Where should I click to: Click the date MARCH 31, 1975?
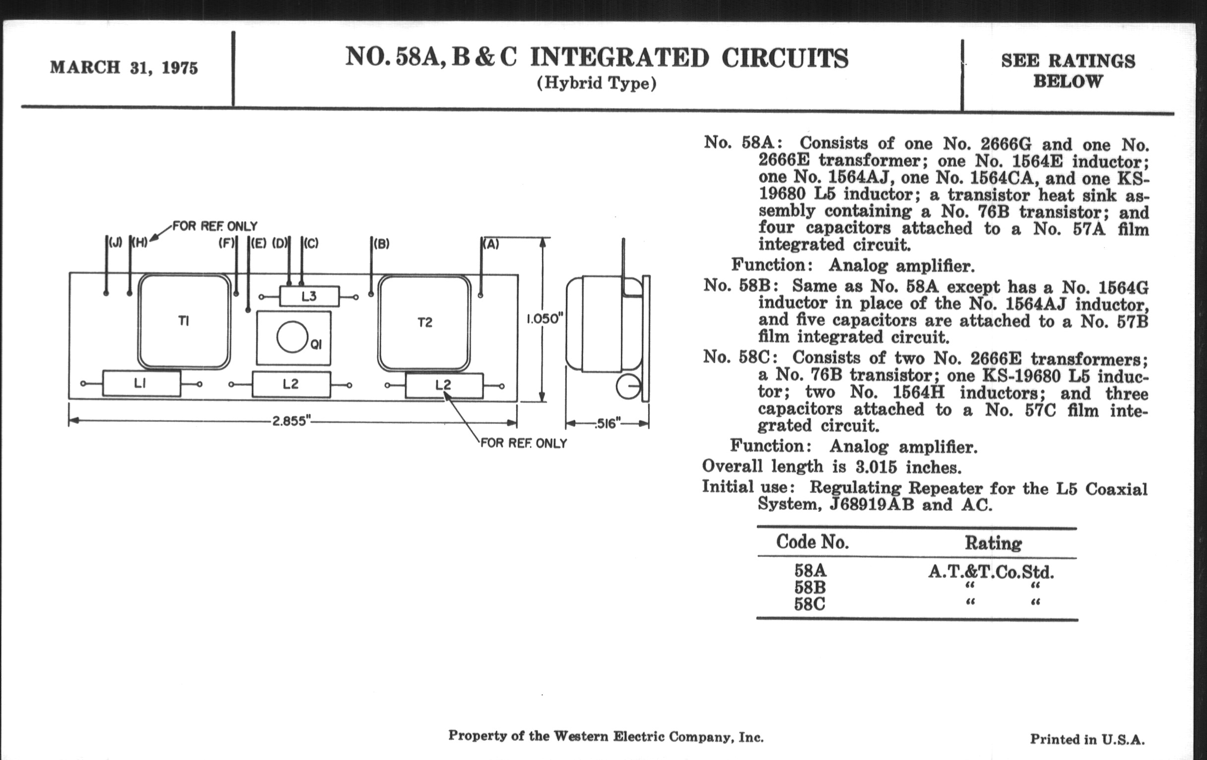click(x=124, y=68)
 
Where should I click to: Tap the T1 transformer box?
click(x=184, y=321)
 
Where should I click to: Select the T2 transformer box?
click(x=424, y=322)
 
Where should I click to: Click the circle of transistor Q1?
click(x=292, y=337)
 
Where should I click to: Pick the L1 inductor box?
click(x=141, y=384)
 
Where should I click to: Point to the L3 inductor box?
click(x=309, y=297)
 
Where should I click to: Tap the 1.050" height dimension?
click(x=544, y=319)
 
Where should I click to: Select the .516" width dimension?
click(x=607, y=424)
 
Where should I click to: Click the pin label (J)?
click(x=115, y=243)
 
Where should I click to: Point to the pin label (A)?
click(x=491, y=244)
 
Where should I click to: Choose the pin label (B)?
click(x=381, y=244)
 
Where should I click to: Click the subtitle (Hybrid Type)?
click(x=596, y=83)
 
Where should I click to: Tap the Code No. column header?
click(x=812, y=542)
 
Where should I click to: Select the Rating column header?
click(x=993, y=543)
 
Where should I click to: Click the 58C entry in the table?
click(x=809, y=604)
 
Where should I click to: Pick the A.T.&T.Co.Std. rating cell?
click(x=991, y=572)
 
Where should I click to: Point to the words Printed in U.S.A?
click(x=1087, y=739)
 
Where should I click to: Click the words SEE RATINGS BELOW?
click(x=1068, y=71)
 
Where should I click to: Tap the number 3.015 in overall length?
click(x=876, y=467)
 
